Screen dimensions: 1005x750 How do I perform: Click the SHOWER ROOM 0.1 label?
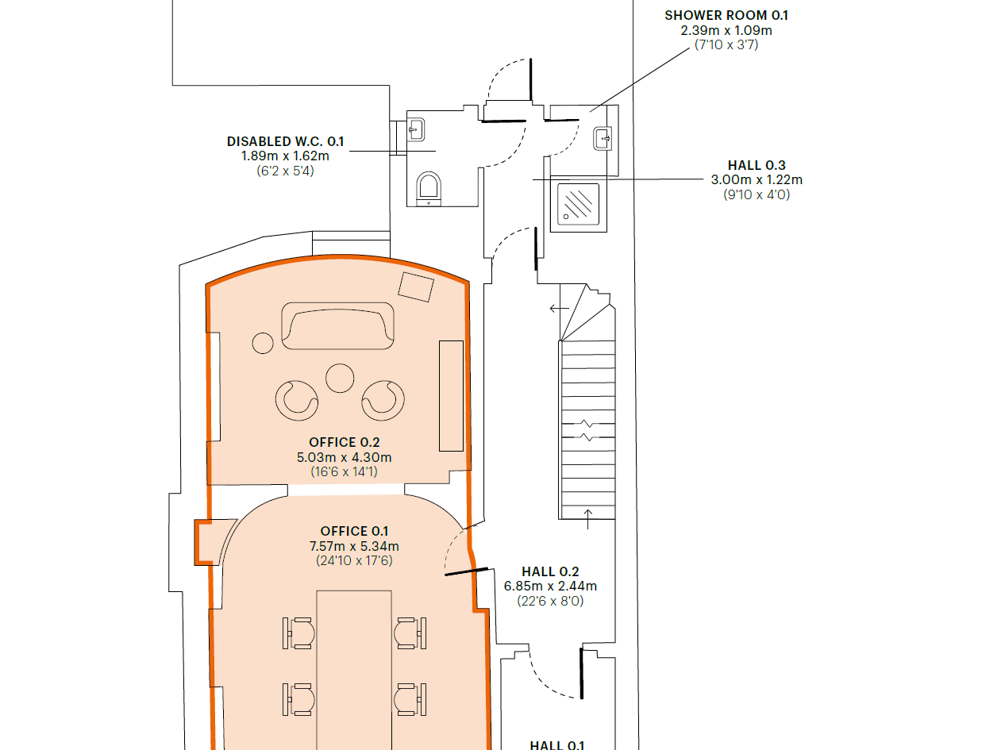coord(726,16)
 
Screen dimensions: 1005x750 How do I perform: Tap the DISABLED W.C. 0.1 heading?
coord(285,141)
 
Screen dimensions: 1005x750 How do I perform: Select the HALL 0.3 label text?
coord(757,165)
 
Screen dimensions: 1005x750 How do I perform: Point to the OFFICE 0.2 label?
coord(345,443)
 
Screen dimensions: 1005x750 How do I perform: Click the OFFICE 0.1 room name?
coord(354,531)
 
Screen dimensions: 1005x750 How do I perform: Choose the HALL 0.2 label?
coord(550,571)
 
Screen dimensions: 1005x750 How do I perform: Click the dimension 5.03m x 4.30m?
coord(345,457)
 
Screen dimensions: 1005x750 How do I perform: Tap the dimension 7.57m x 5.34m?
coord(354,546)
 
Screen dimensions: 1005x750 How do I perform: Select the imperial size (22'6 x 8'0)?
coord(550,601)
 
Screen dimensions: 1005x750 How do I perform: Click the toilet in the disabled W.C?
coord(429,189)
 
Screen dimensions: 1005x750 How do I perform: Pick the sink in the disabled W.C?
coord(416,129)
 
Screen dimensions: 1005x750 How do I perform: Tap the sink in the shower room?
coord(603,138)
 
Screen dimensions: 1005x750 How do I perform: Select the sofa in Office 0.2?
coord(337,326)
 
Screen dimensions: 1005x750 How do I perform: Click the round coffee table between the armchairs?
coord(340,379)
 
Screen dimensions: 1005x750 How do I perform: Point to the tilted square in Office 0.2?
coord(416,287)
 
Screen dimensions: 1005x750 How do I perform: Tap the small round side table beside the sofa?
coord(263,343)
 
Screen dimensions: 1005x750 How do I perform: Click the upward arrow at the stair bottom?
coord(588,519)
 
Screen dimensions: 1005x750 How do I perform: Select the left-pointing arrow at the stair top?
coord(559,309)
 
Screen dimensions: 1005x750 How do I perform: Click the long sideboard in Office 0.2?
coord(451,396)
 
